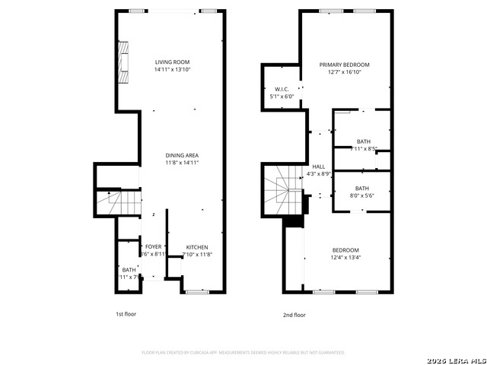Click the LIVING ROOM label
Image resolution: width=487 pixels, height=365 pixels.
tap(172, 62)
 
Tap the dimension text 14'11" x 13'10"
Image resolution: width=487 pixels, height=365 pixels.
tap(172, 69)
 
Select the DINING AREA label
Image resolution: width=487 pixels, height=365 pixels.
tap(182, 155)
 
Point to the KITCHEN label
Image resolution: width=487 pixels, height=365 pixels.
tap(197, 247)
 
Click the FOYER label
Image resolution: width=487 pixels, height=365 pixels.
tap(154, 247)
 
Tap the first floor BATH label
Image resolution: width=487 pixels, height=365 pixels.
tap(129, 270)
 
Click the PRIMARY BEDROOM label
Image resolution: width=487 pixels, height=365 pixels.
tap(344, 65)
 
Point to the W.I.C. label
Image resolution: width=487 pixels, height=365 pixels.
tap(282, 90)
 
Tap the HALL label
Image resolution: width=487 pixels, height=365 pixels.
tap(318, 167)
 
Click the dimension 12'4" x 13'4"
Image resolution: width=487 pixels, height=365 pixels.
tap(345, 257)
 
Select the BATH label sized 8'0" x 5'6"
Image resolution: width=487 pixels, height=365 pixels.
tap(361, 189)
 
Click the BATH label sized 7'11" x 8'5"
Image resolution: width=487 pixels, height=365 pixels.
tap(364, 141)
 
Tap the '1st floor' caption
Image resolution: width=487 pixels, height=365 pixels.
tap(126, 314)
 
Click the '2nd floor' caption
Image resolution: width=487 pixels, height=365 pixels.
tap(294, 314)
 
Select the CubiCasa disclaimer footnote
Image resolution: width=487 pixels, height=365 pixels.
tap(243, 352)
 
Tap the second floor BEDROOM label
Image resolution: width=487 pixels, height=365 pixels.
tap(345, 250)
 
